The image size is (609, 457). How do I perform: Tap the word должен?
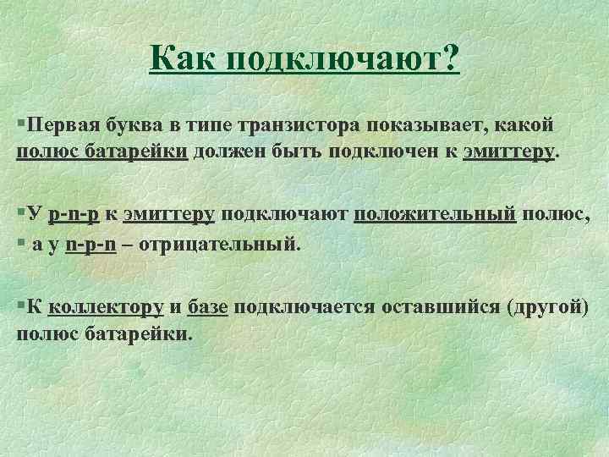[229, 151]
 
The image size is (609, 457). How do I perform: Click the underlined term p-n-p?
[74, 215]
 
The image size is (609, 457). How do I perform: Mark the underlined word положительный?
[434, 215]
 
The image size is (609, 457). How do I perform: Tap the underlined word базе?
[208, 306]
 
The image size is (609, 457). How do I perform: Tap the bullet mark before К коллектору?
[20, 306]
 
